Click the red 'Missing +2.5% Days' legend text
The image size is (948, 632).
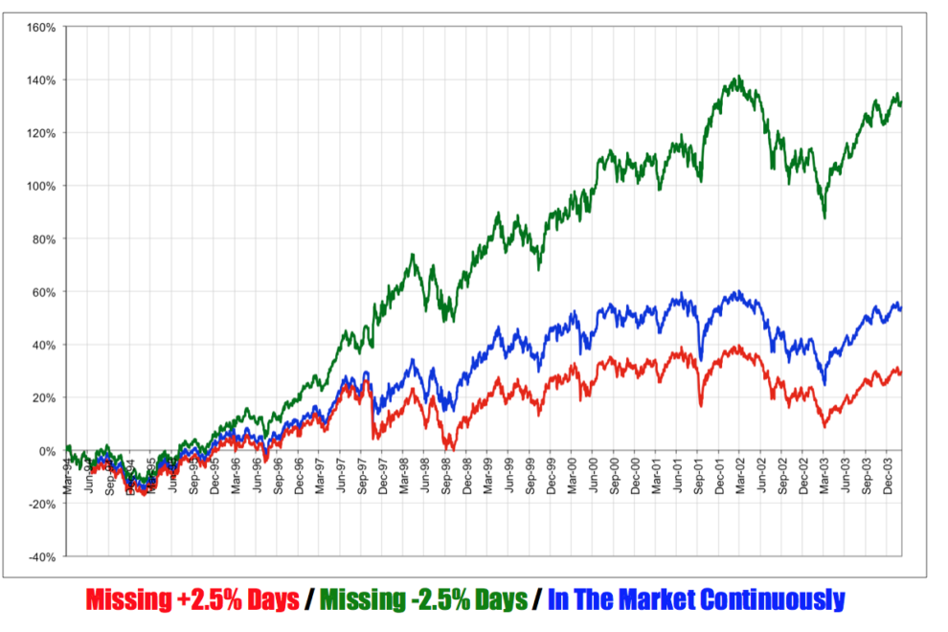192,600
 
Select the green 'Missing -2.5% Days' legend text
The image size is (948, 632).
423,600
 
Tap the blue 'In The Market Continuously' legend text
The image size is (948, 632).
696,600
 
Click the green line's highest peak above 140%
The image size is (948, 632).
737,77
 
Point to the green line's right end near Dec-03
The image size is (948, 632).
901,103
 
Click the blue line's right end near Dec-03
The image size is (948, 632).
901,308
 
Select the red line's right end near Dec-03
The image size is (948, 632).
901,372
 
